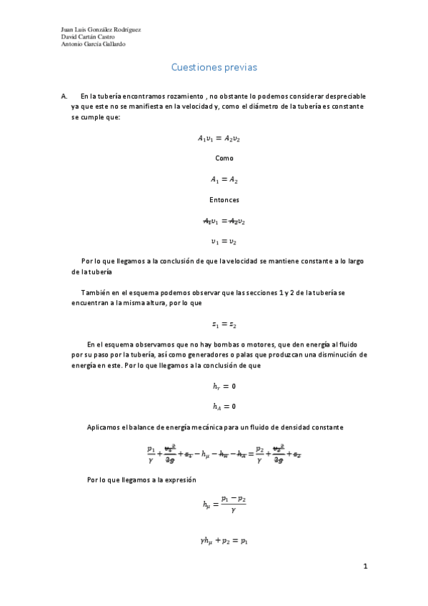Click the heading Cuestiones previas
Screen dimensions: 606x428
[214, 67]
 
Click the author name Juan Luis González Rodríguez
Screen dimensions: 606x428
[101, 29]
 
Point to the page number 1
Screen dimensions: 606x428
[364, 567]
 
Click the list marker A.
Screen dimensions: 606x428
[64, 96]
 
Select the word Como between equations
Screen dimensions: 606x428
[224, 158]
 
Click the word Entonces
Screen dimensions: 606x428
[224, 200]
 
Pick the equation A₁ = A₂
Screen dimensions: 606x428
[224, 179]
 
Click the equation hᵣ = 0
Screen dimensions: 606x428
[224, 386]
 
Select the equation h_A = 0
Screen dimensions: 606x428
[224, 407]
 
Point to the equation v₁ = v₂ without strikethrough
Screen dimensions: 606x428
[224, 242]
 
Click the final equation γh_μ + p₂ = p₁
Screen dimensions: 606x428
[224, 540]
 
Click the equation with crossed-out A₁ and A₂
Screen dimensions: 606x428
[224, 221]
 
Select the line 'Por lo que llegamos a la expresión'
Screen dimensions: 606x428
[141, 480]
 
